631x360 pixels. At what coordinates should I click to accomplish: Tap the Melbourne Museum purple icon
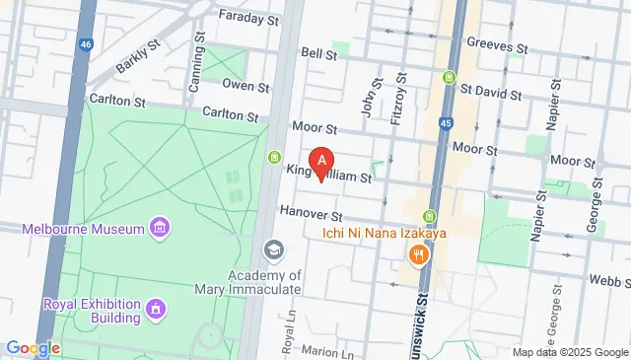[x=158, y=230]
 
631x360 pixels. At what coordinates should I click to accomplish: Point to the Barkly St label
[x=139, y=56]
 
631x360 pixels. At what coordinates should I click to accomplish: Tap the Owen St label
[x=245, y=85]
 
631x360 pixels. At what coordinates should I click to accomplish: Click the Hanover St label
[x=310, y=213]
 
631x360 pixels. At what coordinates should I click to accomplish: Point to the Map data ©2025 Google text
[x=569, y=352]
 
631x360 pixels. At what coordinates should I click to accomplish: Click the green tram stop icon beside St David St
[x=450, y=78]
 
